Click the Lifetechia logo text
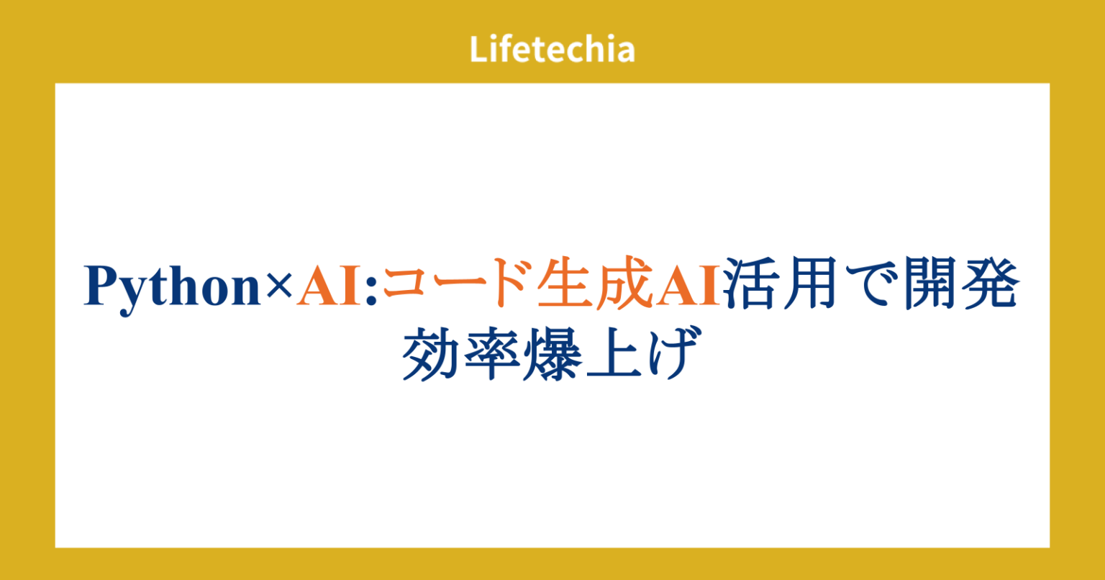tap(552, 50)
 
